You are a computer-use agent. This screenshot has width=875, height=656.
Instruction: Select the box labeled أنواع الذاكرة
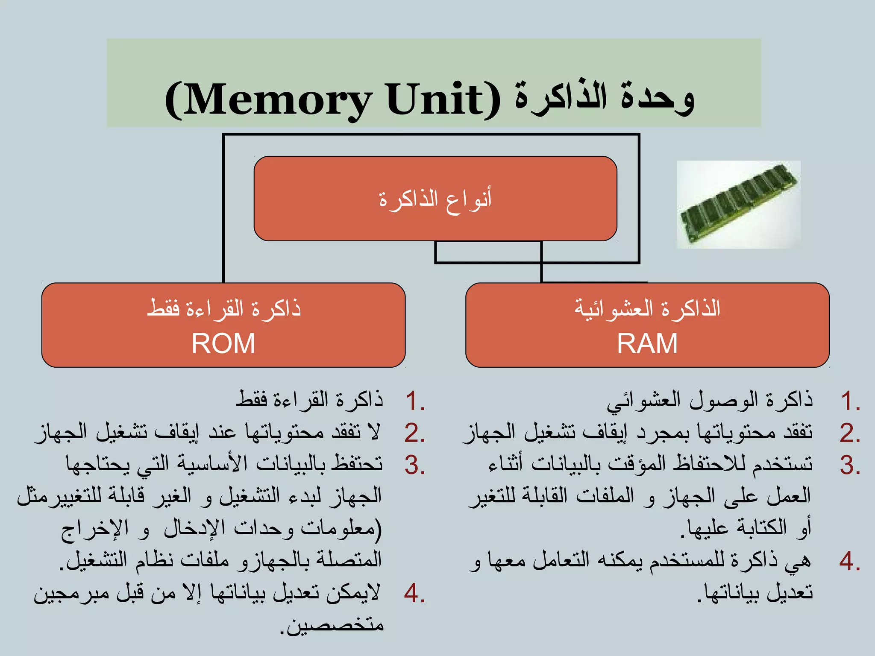click(435, 199)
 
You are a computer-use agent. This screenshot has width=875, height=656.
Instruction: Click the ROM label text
click(223, 344)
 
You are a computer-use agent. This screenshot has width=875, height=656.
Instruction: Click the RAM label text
click(647, 344)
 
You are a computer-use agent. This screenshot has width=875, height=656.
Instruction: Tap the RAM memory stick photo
click(738, 204)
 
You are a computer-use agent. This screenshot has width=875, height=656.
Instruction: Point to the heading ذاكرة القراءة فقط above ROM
click(224, 308)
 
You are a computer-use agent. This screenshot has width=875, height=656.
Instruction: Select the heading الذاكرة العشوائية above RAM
click(647, 308)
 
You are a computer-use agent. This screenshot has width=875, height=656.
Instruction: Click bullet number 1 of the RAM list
click(849, 401)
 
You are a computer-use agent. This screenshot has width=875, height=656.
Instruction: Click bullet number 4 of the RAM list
click(849, 561)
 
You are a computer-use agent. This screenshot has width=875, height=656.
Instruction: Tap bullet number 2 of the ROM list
click(414, 433)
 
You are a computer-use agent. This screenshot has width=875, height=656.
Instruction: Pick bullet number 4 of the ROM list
click(414, 593)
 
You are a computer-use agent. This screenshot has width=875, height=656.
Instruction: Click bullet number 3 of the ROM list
click(414, 465)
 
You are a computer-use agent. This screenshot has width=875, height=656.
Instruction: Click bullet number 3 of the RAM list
click(849, 465)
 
